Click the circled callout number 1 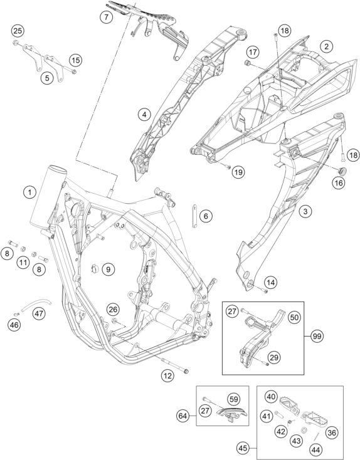click(x=29, y=192)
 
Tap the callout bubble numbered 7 click(x=106, y=17)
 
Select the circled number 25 click(x=18, y=31)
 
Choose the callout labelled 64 click(x=183, y=416)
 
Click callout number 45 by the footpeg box click(x=243, y=448)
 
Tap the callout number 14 click(x=270, y=283)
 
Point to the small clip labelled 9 click(x=95, y=268)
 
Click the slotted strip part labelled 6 click(x=194, y=216)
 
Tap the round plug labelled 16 click(x=342, y=171)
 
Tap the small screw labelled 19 click(x=228, y=167)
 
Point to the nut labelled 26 click(x=115, y=320)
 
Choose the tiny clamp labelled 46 click(x=17, y=314)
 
